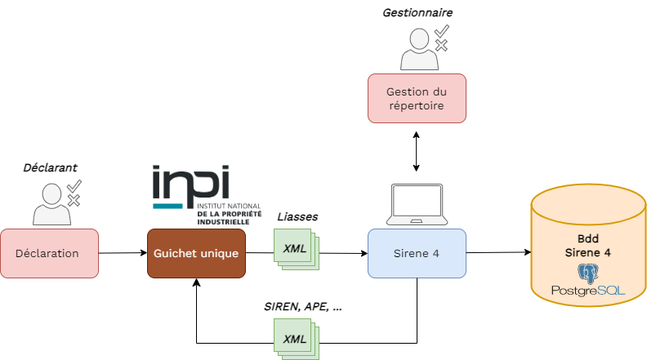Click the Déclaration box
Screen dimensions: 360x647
point(49,253)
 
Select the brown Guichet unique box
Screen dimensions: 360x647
point(196,253)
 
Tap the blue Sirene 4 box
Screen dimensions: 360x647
point(417,253)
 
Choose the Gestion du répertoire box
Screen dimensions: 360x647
point(417,98)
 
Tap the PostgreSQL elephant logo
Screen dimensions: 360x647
point(588,273)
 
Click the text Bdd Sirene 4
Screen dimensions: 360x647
point(587,247)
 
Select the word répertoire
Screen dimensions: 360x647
point(417,105)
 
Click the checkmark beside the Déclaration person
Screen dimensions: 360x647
point(74,185)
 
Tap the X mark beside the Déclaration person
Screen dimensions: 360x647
point(74,200)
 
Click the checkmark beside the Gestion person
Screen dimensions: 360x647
point(441,31)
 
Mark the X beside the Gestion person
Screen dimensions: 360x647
point(441,46)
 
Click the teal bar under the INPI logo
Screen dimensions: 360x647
point(168,205)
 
